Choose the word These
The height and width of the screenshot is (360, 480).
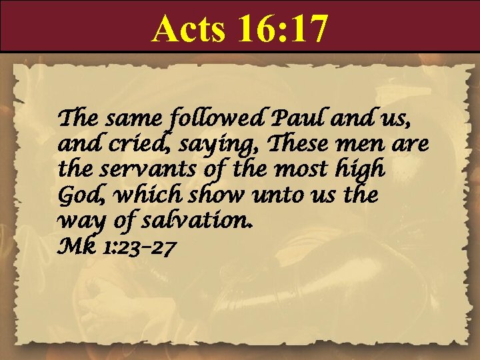tap(280, 143)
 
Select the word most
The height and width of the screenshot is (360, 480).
tap(297, 169)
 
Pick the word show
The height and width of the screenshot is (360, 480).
tap(209, 195)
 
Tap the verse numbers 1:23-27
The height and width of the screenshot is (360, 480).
tap(141, 248)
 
